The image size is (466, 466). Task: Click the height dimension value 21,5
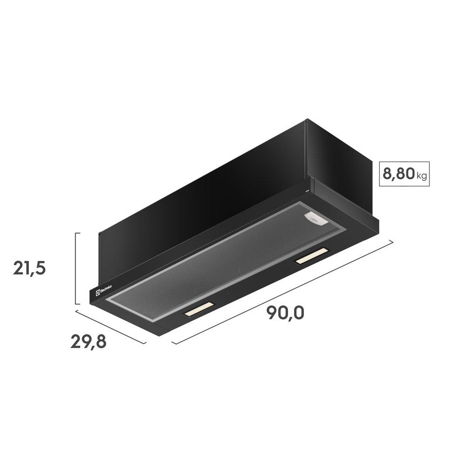click(x=29, y=269)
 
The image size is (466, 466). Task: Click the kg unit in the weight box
click(x=421, y=176)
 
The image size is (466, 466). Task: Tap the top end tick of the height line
click(x=78, y=233)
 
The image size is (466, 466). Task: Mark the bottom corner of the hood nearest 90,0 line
click(x=161, y=334)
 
